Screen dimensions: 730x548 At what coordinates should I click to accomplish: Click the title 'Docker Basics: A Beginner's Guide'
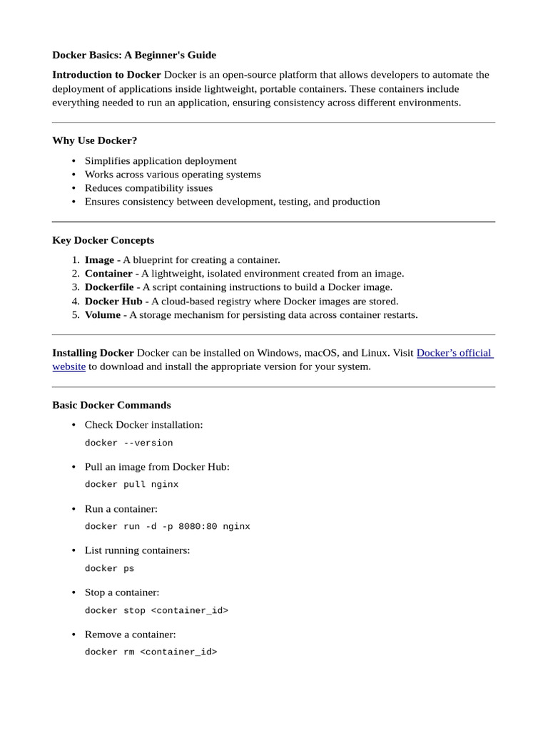(133, 55)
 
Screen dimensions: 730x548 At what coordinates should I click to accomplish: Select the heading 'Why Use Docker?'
(94, 140)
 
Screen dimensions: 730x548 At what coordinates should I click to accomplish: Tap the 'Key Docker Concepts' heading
(103, 240)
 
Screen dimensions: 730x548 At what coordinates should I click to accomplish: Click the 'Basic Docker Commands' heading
(111, 405)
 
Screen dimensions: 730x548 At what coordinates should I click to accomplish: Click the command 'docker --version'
(128, 443)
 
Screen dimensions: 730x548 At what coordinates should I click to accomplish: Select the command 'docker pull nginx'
(131, 485)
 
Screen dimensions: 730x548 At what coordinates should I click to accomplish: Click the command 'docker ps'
(109, 569)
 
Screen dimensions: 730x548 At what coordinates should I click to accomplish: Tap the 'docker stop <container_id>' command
(156, 611)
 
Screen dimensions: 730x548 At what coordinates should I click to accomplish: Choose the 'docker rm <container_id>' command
(151, 652)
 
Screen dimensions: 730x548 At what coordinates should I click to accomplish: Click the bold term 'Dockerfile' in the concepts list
(112, 287)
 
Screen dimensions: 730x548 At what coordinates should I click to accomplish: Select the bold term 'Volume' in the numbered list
(102, 315)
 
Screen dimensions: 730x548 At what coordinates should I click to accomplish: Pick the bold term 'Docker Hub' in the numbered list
(113, 302)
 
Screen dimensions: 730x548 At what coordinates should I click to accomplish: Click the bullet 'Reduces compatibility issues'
(148, 188)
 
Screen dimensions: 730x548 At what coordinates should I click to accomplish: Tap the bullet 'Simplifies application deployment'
(161, 161)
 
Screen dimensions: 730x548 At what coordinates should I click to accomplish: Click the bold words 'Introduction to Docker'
(106, 75)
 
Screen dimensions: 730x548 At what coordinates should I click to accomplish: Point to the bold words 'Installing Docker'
(93, 353)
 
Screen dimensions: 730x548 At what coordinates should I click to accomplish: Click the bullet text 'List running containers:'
(137, 550)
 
